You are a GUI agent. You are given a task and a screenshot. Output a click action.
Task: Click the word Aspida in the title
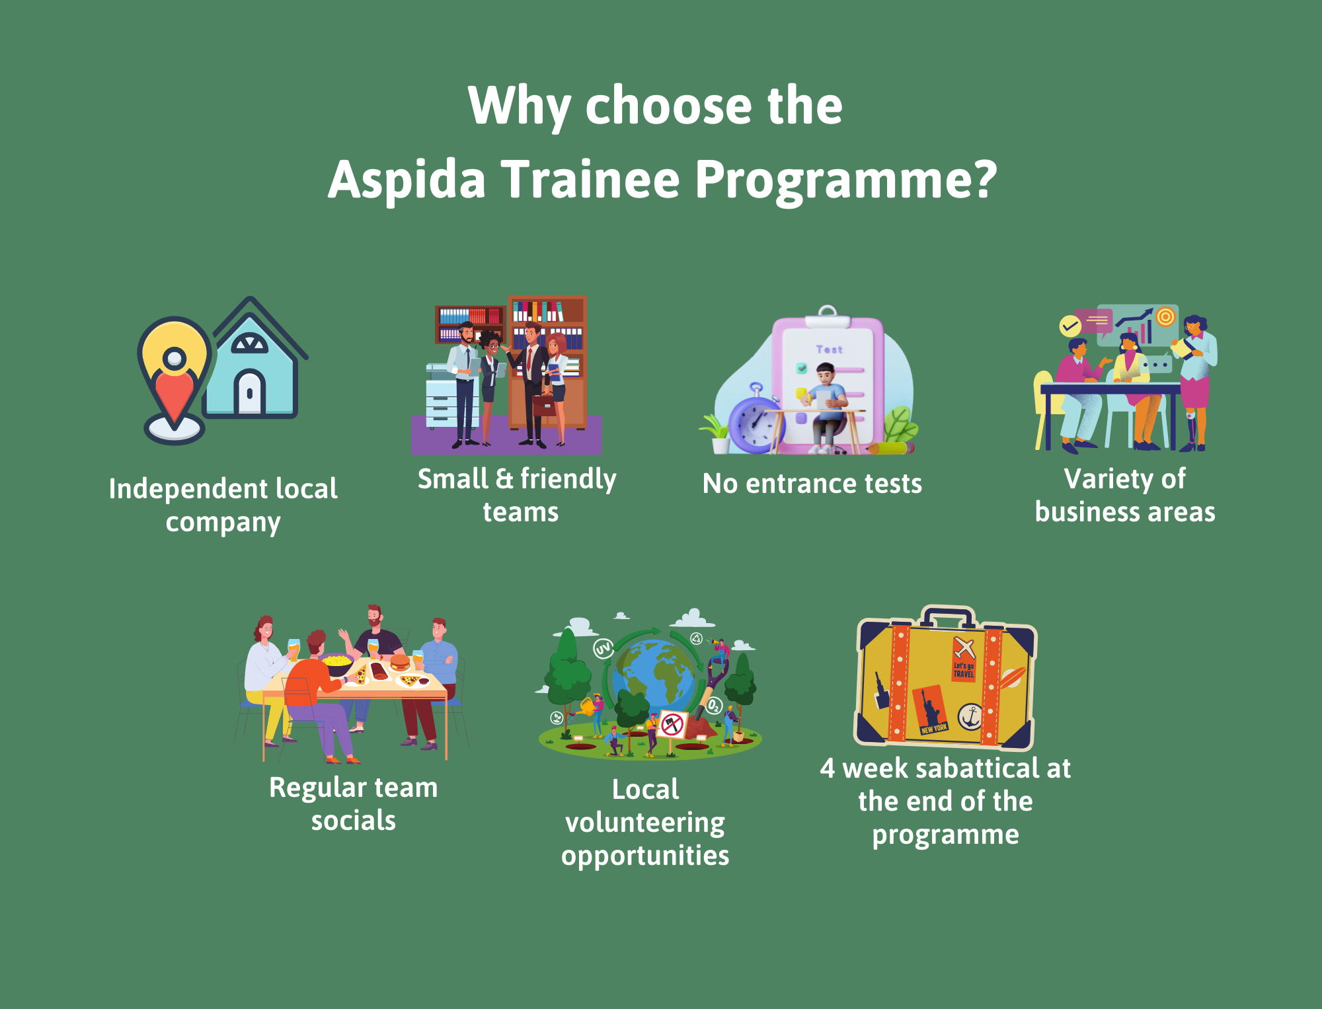point(407,180)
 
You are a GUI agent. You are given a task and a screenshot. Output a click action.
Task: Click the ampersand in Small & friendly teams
point(504,478)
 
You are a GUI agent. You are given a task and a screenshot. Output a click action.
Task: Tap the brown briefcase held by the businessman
point(544,404)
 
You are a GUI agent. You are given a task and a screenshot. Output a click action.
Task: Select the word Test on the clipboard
point(829,350)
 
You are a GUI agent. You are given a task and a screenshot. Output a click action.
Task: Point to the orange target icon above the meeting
point(1165,317)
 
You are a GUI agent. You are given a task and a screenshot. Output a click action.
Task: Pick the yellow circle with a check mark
point(1069,326)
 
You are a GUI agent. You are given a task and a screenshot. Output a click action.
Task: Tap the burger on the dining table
point(400,661)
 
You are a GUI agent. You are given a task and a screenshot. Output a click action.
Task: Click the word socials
point(354,821)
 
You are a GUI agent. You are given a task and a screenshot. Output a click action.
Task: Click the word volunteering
point(645,823)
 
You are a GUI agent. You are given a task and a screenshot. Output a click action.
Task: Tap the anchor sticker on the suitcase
point(970,716)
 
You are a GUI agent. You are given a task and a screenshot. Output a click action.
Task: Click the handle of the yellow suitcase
point(948,616)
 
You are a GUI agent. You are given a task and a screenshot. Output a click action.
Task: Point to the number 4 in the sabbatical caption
point(828,768)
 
